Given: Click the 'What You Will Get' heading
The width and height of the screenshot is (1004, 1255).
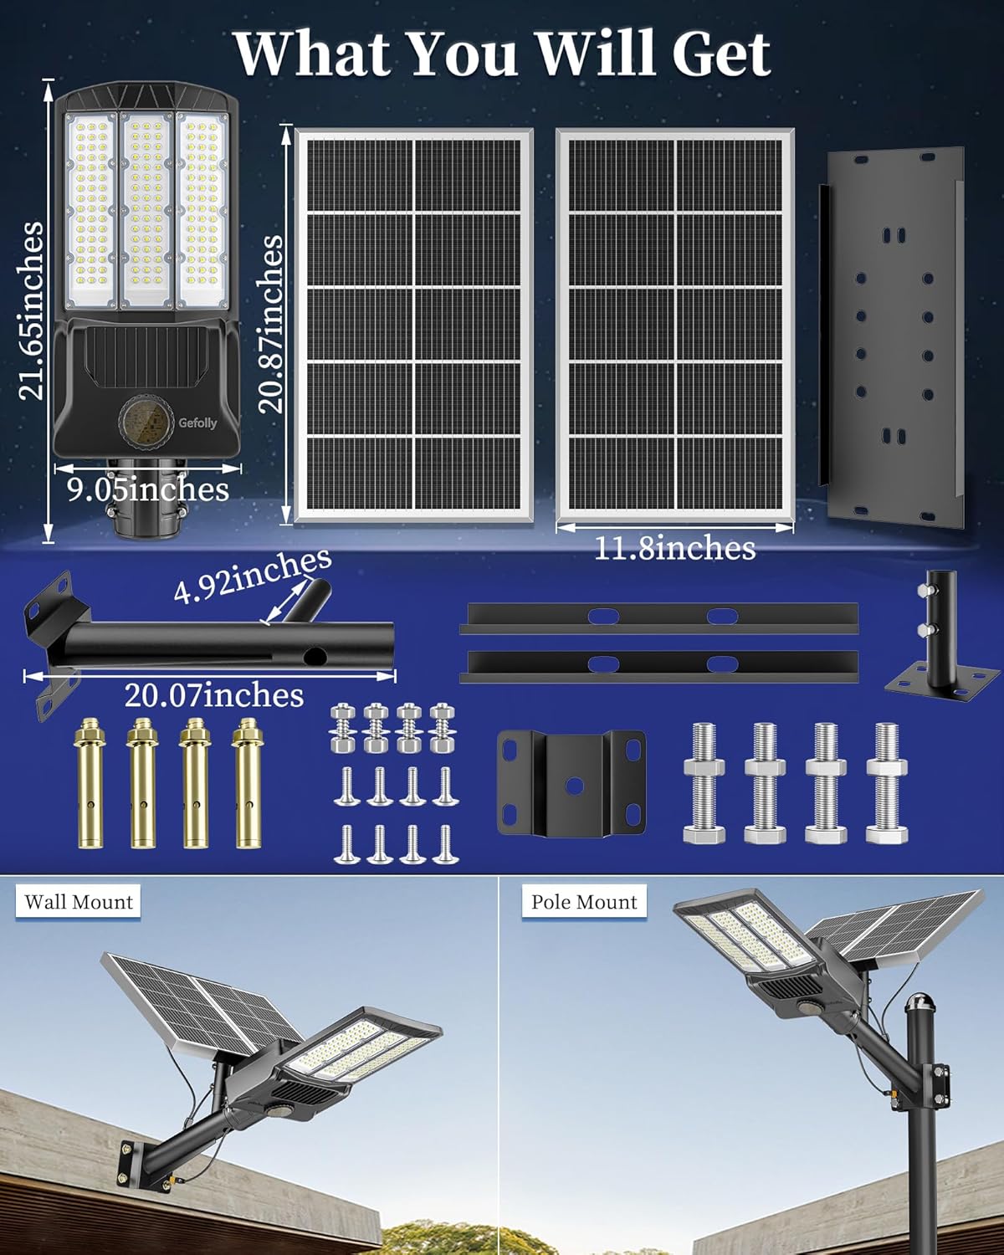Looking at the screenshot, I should pyautogui.click(x=502, y=54).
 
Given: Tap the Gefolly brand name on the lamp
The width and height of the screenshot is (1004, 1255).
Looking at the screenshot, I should pyautogui.click(x=197, y=423).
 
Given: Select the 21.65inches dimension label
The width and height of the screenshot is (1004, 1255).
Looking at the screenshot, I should pyautogui.click(x=32, y=310).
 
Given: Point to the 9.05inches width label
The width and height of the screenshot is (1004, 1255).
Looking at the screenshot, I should pyautogui.click(x=148, y=489).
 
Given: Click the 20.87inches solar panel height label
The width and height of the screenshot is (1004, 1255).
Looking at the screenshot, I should pyautogui.click(x=270, y=323).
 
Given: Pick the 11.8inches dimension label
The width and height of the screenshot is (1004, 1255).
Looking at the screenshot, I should pyautogui.click(x=674, y=549).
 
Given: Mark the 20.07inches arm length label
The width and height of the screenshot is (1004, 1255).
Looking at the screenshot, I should pyautogui.click(x=214, y=695).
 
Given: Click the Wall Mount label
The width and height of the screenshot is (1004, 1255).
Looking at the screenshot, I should pyautogui.click(x=79, y=902).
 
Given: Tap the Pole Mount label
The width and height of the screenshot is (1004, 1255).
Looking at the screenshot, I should pyautogui.click(x=584, y=902).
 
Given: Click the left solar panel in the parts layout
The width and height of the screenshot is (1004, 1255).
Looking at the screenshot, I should pyautogui.click(x=413, y=326).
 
